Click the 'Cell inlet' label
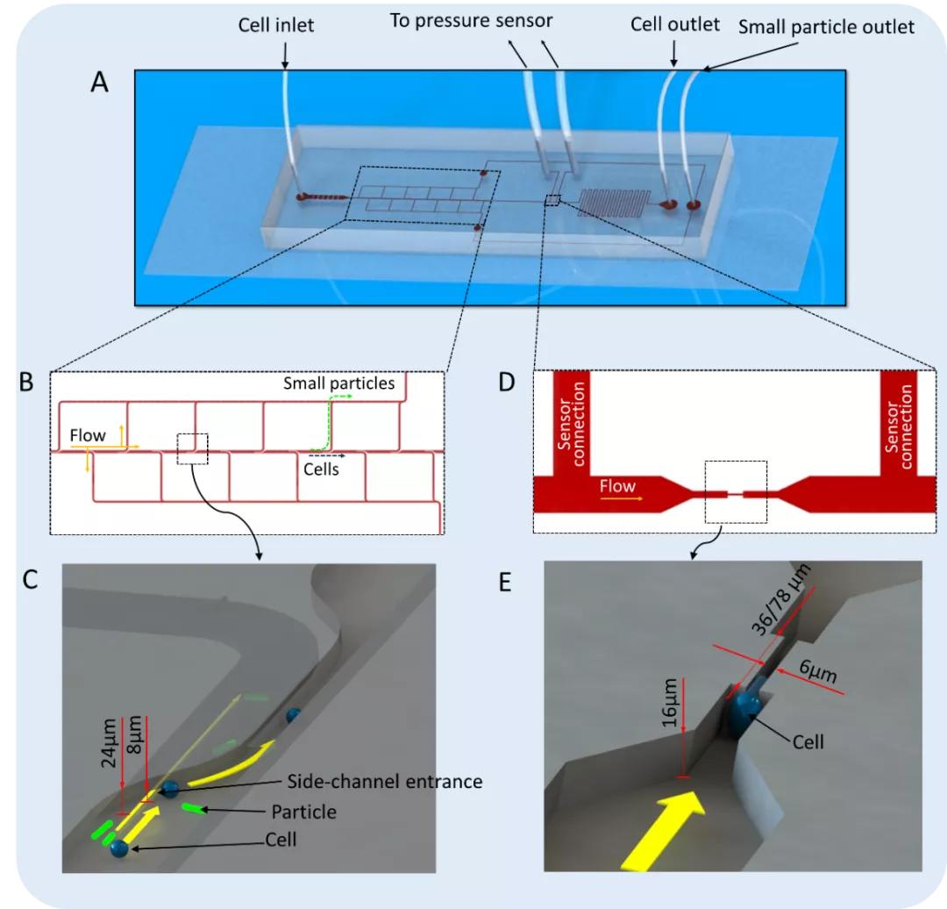276,26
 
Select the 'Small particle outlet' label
826,26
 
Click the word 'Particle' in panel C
303,812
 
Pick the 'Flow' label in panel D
618,485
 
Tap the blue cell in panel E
746,706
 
